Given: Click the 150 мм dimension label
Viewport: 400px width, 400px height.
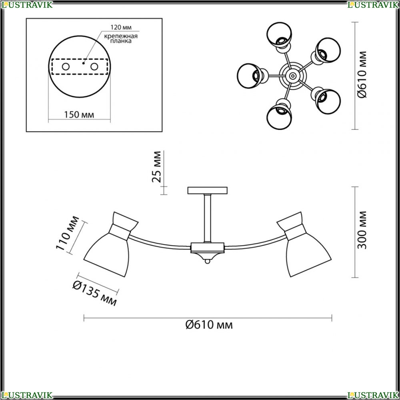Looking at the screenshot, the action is tap(79, 114).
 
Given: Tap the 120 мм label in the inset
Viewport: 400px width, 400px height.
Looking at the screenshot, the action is tap(121, 27).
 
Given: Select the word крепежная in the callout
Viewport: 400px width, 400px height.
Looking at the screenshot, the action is tap(121, 36).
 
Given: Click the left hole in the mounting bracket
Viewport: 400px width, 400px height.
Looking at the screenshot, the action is tap(66, 67).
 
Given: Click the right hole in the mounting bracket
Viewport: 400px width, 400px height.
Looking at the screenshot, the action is tap(94, 67).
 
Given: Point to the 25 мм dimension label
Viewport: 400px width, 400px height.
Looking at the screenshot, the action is tap(157, 167).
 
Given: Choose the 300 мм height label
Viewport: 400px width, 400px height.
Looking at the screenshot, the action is tap(362, 230).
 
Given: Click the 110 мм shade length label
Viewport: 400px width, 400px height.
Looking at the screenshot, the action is tap(67, 234).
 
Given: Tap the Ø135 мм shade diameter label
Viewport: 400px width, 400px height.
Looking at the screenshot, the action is tap(95, 293).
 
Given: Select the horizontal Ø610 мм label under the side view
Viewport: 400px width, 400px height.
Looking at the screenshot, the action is tap(209, 325).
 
